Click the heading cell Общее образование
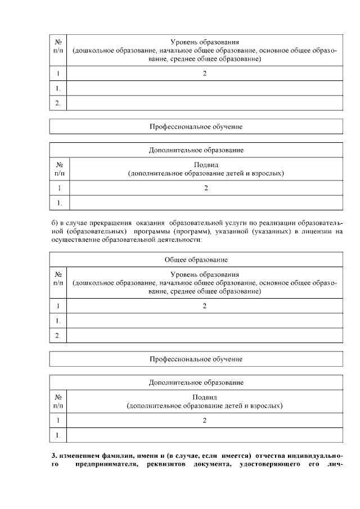point(196,260)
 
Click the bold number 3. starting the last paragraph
point(53,454)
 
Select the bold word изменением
point(79,454)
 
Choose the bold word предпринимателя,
point(106,463)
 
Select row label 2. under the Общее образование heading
point(58,336)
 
